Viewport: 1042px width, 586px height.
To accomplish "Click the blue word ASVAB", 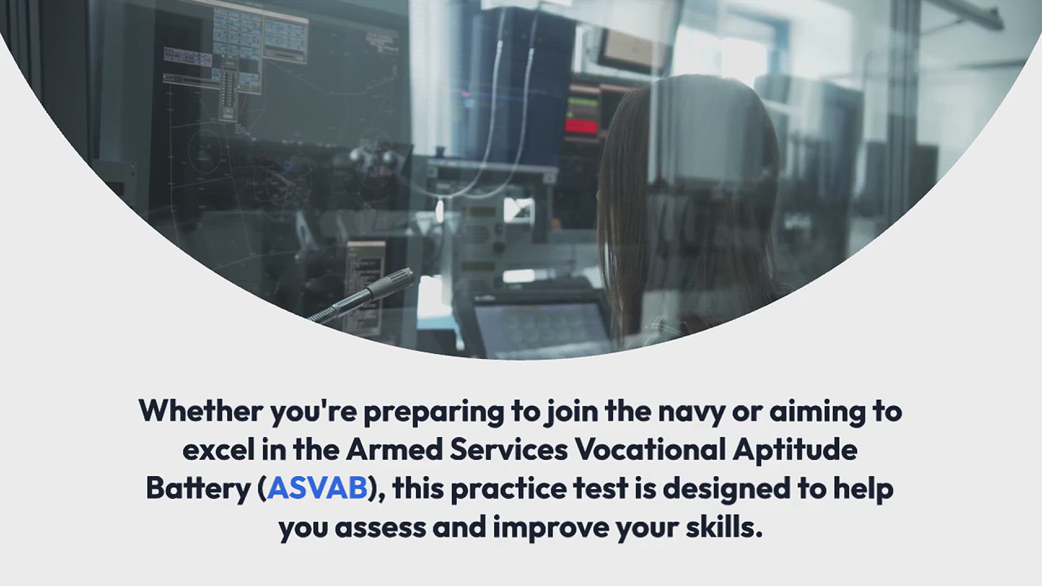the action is (317, 488).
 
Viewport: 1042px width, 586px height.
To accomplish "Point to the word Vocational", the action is (650, 449).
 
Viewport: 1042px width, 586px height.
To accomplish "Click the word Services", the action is (509, 449).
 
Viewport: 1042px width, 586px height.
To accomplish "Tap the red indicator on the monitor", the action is (581, 126).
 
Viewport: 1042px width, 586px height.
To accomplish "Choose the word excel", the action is (218, 449).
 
